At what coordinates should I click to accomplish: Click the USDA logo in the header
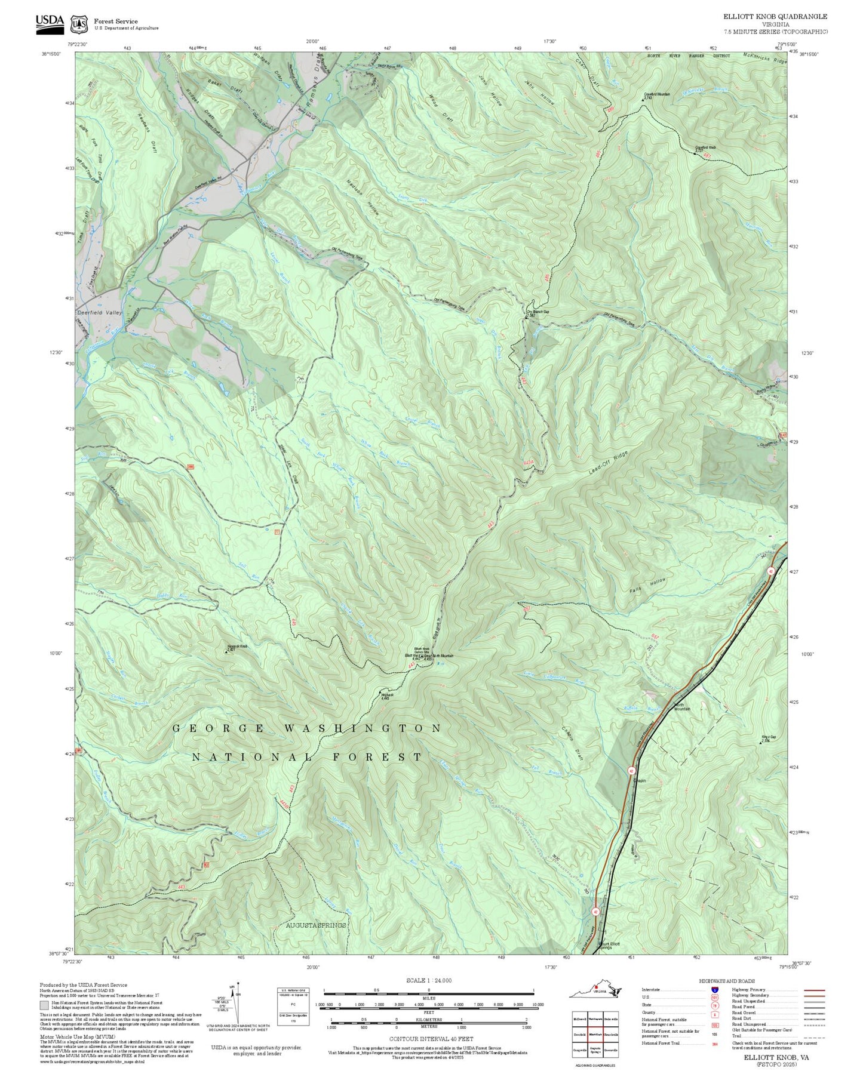[x=50, y=22]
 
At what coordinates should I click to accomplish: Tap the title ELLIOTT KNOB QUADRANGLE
[x=775, y=17]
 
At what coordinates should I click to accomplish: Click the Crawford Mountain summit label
[x=657, y=94]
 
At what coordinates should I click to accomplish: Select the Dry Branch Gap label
[x=537, y=312]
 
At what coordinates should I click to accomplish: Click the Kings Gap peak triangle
[x=763, y=741]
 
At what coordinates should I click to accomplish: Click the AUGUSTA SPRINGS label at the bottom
[x=315, y=925]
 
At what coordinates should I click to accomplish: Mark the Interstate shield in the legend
[x=714, y=989]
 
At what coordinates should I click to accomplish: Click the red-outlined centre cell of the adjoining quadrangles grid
[x=595, y=1034]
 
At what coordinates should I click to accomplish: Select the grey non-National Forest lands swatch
[x=45, y=1005]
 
